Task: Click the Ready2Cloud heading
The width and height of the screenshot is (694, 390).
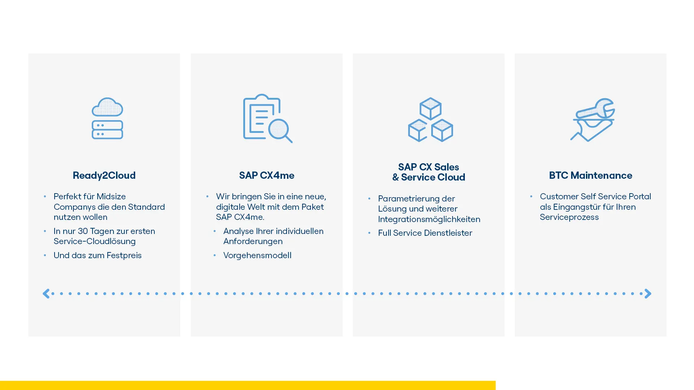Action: tap(104, 175)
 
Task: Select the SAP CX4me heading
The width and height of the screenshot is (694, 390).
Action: tap(266, 175)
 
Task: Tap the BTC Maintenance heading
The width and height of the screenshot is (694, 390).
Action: tap(590, 175)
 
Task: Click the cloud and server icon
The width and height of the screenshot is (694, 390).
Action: tap(107, 118)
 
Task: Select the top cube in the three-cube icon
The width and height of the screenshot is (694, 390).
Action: tap(430, 108)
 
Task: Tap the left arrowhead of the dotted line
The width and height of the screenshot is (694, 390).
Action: tap(46, 294)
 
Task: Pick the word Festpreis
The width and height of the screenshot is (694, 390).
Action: tap(124, 255)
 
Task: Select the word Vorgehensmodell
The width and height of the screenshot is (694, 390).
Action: tap(257, 255)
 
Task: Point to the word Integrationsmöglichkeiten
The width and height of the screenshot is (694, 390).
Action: tap(429, 219)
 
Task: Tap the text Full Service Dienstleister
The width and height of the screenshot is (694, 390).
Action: tap(425, 233)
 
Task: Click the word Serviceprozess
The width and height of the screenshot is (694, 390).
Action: tap(569, 217)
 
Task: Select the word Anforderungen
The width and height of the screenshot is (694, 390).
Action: tap(253, 241)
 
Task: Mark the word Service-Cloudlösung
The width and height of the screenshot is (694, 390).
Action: tap(94, 241)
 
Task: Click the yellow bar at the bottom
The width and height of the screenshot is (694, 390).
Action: tap(248, 385)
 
